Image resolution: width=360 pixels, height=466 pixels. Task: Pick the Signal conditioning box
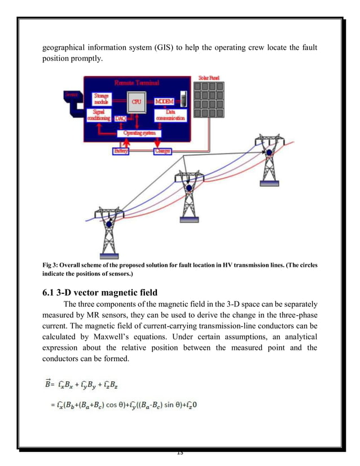(102, 115)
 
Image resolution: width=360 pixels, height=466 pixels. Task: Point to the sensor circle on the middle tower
(188, 188)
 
